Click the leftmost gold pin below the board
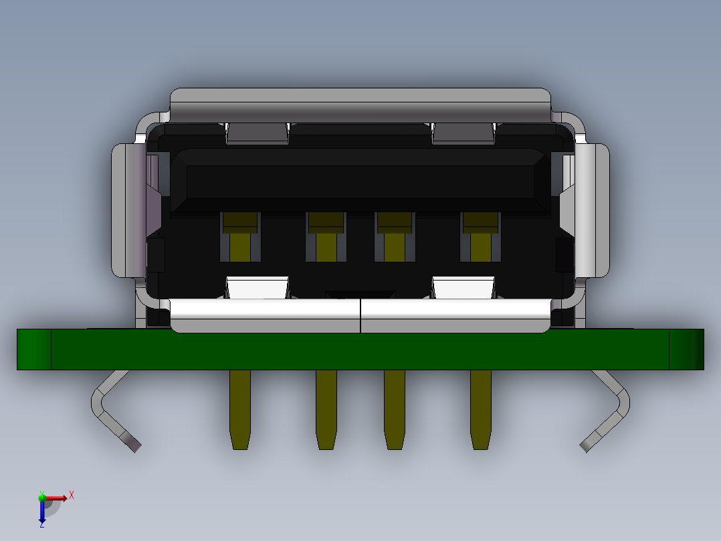point(240,408)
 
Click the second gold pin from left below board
point(326,408)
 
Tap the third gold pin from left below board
point(394,408)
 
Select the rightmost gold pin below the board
point(480,408)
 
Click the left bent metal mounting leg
point(111,411)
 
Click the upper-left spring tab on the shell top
point(257,133)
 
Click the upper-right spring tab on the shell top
point(463,133)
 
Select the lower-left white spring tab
point(257,287)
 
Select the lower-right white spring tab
point(463,287)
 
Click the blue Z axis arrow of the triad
point(42,512)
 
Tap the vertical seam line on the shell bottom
point(360,316)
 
